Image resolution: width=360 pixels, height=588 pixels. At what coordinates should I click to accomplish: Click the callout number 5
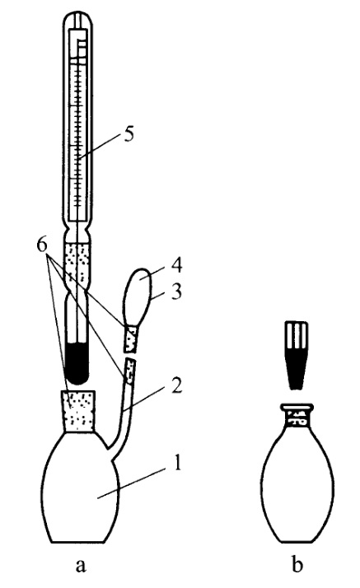pos(129,134)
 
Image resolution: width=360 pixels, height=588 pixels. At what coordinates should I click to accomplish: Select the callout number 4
pos(176,265)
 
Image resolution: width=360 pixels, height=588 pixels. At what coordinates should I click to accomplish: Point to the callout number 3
pos(175,292)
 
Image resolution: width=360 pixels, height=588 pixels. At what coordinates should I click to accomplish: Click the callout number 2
pos(176,385)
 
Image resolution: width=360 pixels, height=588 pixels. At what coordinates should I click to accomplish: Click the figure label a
pos(81,566)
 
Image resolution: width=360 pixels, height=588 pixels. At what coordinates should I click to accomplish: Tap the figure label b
pos(297,563)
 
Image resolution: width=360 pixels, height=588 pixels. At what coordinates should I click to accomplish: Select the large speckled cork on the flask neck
pos(79,412)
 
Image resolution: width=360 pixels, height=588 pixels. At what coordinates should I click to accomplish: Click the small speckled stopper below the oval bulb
pos(131,338)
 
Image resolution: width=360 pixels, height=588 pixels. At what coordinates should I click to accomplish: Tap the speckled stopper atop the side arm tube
pos(129,371)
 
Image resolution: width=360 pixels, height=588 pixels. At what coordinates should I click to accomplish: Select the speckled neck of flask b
pos(297,418)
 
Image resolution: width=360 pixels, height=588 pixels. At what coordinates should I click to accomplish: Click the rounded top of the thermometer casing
pos(77,19)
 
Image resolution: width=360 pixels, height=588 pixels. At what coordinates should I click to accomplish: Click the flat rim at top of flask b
pos(297,407)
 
